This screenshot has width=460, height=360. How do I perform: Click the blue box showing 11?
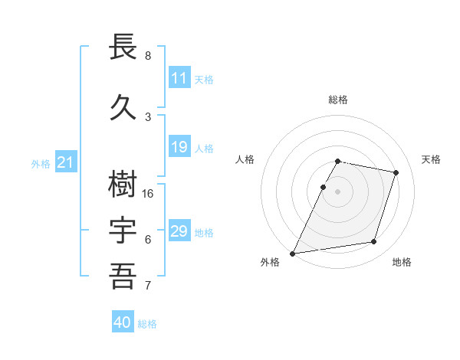pyautogui.click(x=179, y=78)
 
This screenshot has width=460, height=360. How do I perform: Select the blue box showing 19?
pyautogui.click(x=179, y=147)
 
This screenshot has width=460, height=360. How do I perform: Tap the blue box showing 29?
pyautogui.click(x=179, y=231)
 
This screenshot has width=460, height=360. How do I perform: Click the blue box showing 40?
pyautogui.click(x=123, y=322)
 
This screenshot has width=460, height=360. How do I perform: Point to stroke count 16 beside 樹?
pyautogui.click(x=148, y=193)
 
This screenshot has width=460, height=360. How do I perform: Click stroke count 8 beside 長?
pyautogui.click(x=148, y=56)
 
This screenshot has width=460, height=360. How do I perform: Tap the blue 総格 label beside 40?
pyautogui.click(x=147, y=324)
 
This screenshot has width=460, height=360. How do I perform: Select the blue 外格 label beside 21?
pyautogui.click(x=41, y=163)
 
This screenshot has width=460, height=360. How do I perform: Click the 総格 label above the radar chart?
pyautogui.click(x=338, y=100)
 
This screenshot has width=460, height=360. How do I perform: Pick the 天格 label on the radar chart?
pyautogui.click(x=432, y=159)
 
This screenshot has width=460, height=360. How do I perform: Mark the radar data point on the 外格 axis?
pyautogui.click(x=293, y=253)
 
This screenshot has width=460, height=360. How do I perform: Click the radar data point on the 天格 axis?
pyautogui.click(x=396, y=172)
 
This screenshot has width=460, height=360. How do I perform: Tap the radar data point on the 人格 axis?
pyautogui.click(x=324, y=187)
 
